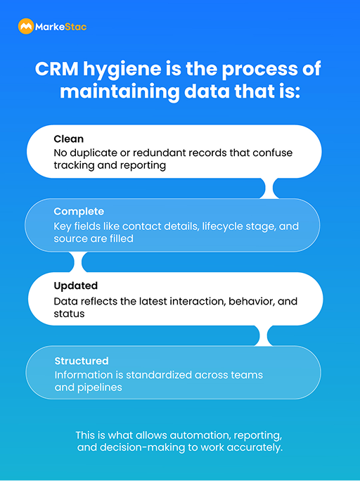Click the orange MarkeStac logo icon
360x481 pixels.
point(26,27)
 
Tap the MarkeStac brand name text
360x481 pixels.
point(60,27)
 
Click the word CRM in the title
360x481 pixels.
point(57,69)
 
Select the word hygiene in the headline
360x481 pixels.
point(122,70)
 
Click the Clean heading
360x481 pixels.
point(69,139)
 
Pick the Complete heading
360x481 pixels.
point(79,212)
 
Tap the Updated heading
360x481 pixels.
point(76,286)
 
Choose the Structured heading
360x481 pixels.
point(82,361)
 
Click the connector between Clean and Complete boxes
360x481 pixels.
point(269,188)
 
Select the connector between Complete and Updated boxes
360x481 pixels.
point(78,262)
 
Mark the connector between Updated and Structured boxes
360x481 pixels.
point(264,335)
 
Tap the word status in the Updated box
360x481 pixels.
point(69,314)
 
